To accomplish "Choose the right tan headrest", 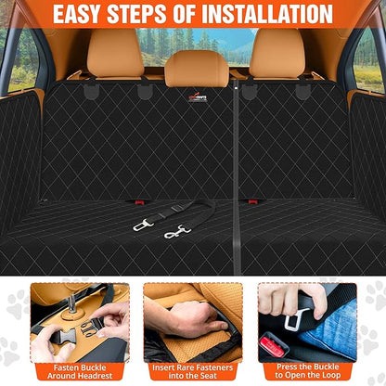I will pos(277,54).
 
